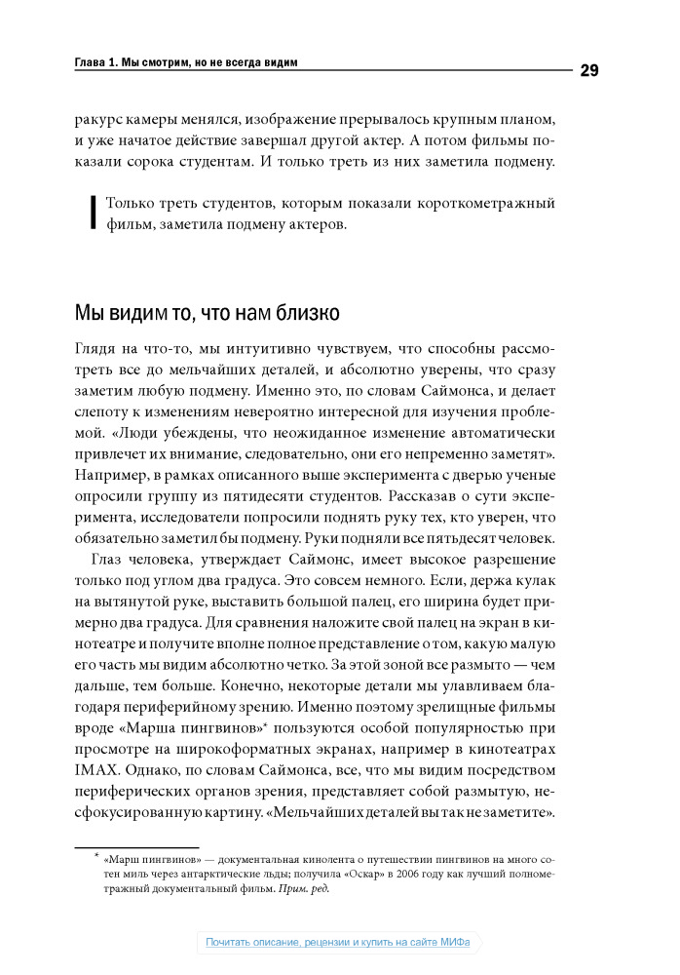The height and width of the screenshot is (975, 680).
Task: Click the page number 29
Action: point(588,69)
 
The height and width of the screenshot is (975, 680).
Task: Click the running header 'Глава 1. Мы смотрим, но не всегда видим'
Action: point(186,62)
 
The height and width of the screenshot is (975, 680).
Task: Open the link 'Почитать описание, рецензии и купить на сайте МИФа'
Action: point(337,943)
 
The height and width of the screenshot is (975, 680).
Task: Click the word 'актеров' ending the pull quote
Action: point(313,224)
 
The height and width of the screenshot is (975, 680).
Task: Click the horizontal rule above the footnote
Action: point(136,846)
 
